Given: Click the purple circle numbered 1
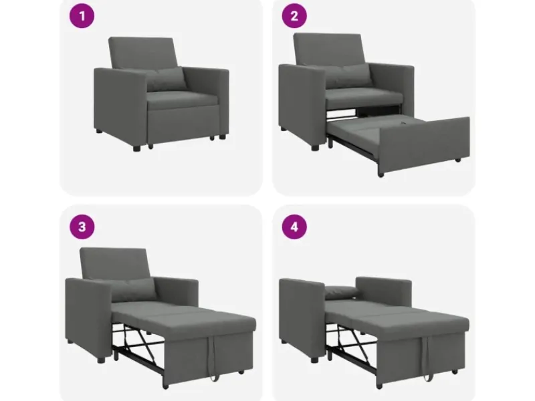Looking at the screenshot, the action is tap(82, 15).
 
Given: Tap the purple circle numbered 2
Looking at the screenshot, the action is tap(294, 15).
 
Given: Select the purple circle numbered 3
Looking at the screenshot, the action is tap(82, 227).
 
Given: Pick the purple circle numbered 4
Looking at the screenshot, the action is tap(294, 227).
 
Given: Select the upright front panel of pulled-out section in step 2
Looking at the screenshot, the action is tap(423, 145).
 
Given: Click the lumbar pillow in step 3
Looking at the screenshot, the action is tap(132, 289).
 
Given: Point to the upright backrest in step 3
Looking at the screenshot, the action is tap(114, 264).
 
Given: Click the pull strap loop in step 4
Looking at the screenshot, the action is tap(425, 358).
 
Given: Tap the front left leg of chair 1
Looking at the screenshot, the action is tap(136, 148).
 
